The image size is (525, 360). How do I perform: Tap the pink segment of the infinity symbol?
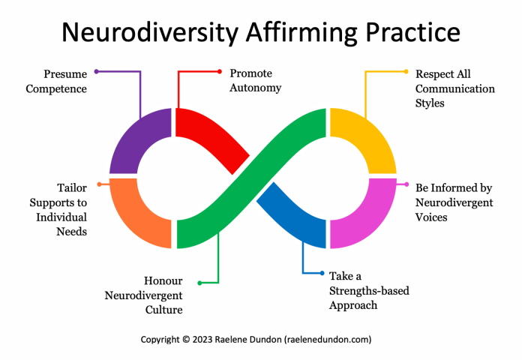(367, 217)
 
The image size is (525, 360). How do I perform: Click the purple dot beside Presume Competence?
(97, 71)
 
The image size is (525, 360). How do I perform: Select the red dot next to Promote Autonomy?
(220, 71)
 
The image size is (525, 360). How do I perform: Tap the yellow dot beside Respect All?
(406, 71)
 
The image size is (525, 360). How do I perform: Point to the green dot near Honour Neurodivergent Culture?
(199, 283)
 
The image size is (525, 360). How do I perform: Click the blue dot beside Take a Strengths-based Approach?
(321, 273)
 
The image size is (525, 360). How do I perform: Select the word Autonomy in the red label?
(256, 88)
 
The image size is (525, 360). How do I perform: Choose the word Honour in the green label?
(163, 280)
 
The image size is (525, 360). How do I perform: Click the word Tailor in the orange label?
(72, 188)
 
